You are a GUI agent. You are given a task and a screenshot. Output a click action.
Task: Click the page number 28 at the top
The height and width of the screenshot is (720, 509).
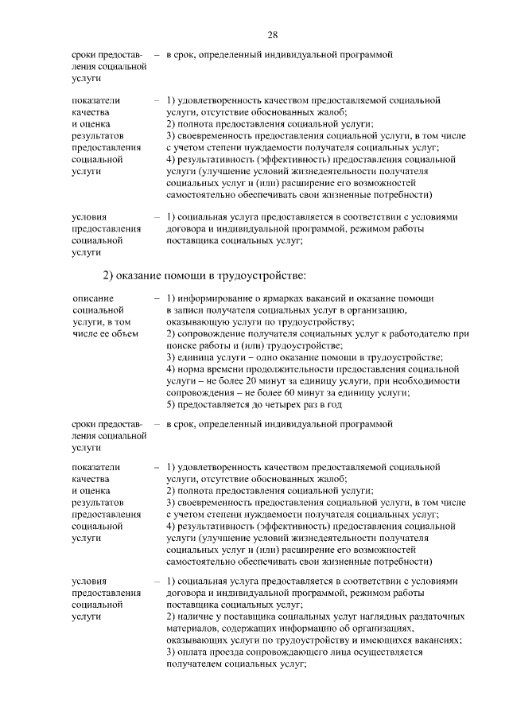(x=272, y=35)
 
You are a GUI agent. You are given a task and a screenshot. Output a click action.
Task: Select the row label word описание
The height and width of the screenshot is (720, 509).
(x=91, y=297)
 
